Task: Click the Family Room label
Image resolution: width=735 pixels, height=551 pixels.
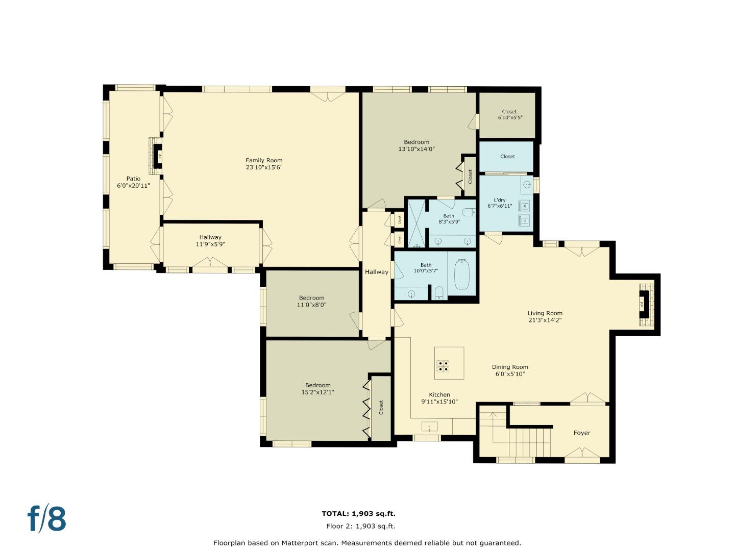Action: pos(264,160)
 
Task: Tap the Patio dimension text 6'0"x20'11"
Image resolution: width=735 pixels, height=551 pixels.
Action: pos(133,186)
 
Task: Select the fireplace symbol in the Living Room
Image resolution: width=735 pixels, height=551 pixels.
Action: pos(645,305)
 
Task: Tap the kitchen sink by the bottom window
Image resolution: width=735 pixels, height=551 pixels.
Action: pos(429,427)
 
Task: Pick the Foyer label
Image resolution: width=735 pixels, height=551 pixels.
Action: pos(581,433)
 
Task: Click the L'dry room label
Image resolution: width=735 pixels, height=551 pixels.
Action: pos(500,200)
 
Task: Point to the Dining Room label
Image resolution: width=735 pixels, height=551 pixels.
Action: pos(510,367)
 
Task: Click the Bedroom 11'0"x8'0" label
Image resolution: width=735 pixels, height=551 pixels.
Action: pos(311,298)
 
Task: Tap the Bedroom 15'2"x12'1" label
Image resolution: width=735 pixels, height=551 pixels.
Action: pos(317,385)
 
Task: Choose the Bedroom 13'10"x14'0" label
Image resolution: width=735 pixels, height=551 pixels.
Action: pos(416,142)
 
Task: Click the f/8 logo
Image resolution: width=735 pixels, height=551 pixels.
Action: pos(46,519)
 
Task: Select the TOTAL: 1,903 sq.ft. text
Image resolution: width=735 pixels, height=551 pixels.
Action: pos(358,514)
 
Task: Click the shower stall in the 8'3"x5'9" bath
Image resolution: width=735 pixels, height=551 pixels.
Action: pos(415,223)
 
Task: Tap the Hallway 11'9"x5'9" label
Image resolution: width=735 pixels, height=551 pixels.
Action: pos(210,237)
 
